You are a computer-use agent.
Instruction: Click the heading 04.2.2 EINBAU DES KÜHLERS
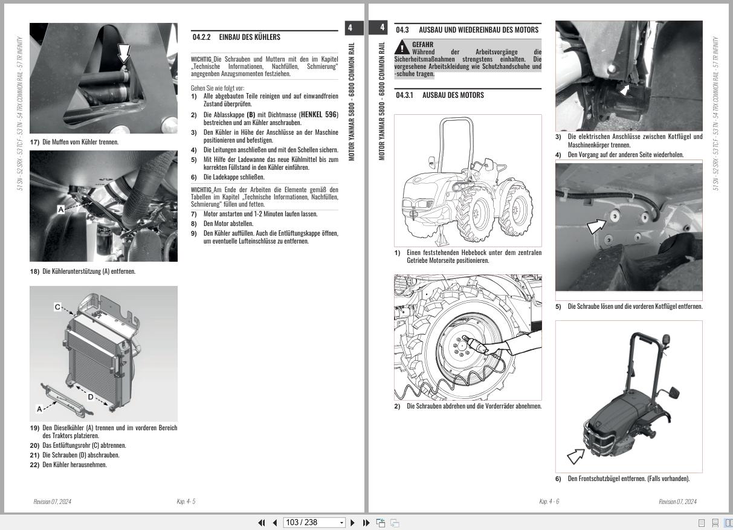click(236, 37)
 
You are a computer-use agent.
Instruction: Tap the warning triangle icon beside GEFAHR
click(402, 48)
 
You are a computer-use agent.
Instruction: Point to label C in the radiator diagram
click(58, 307)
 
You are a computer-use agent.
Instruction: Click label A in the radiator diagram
click(39, 409)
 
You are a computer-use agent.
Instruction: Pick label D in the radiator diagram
click(90, 397)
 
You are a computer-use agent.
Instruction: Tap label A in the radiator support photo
click(60, 209)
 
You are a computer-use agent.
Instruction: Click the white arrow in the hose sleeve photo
click(124, 53)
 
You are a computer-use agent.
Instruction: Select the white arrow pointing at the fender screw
click(597, 225)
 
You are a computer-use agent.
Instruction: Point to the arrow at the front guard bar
click(575, 455)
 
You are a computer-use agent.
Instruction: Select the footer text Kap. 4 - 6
click(549, 502)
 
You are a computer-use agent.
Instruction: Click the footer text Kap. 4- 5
click(186, 502)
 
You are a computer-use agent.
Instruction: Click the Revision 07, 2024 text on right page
click(677, 502)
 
